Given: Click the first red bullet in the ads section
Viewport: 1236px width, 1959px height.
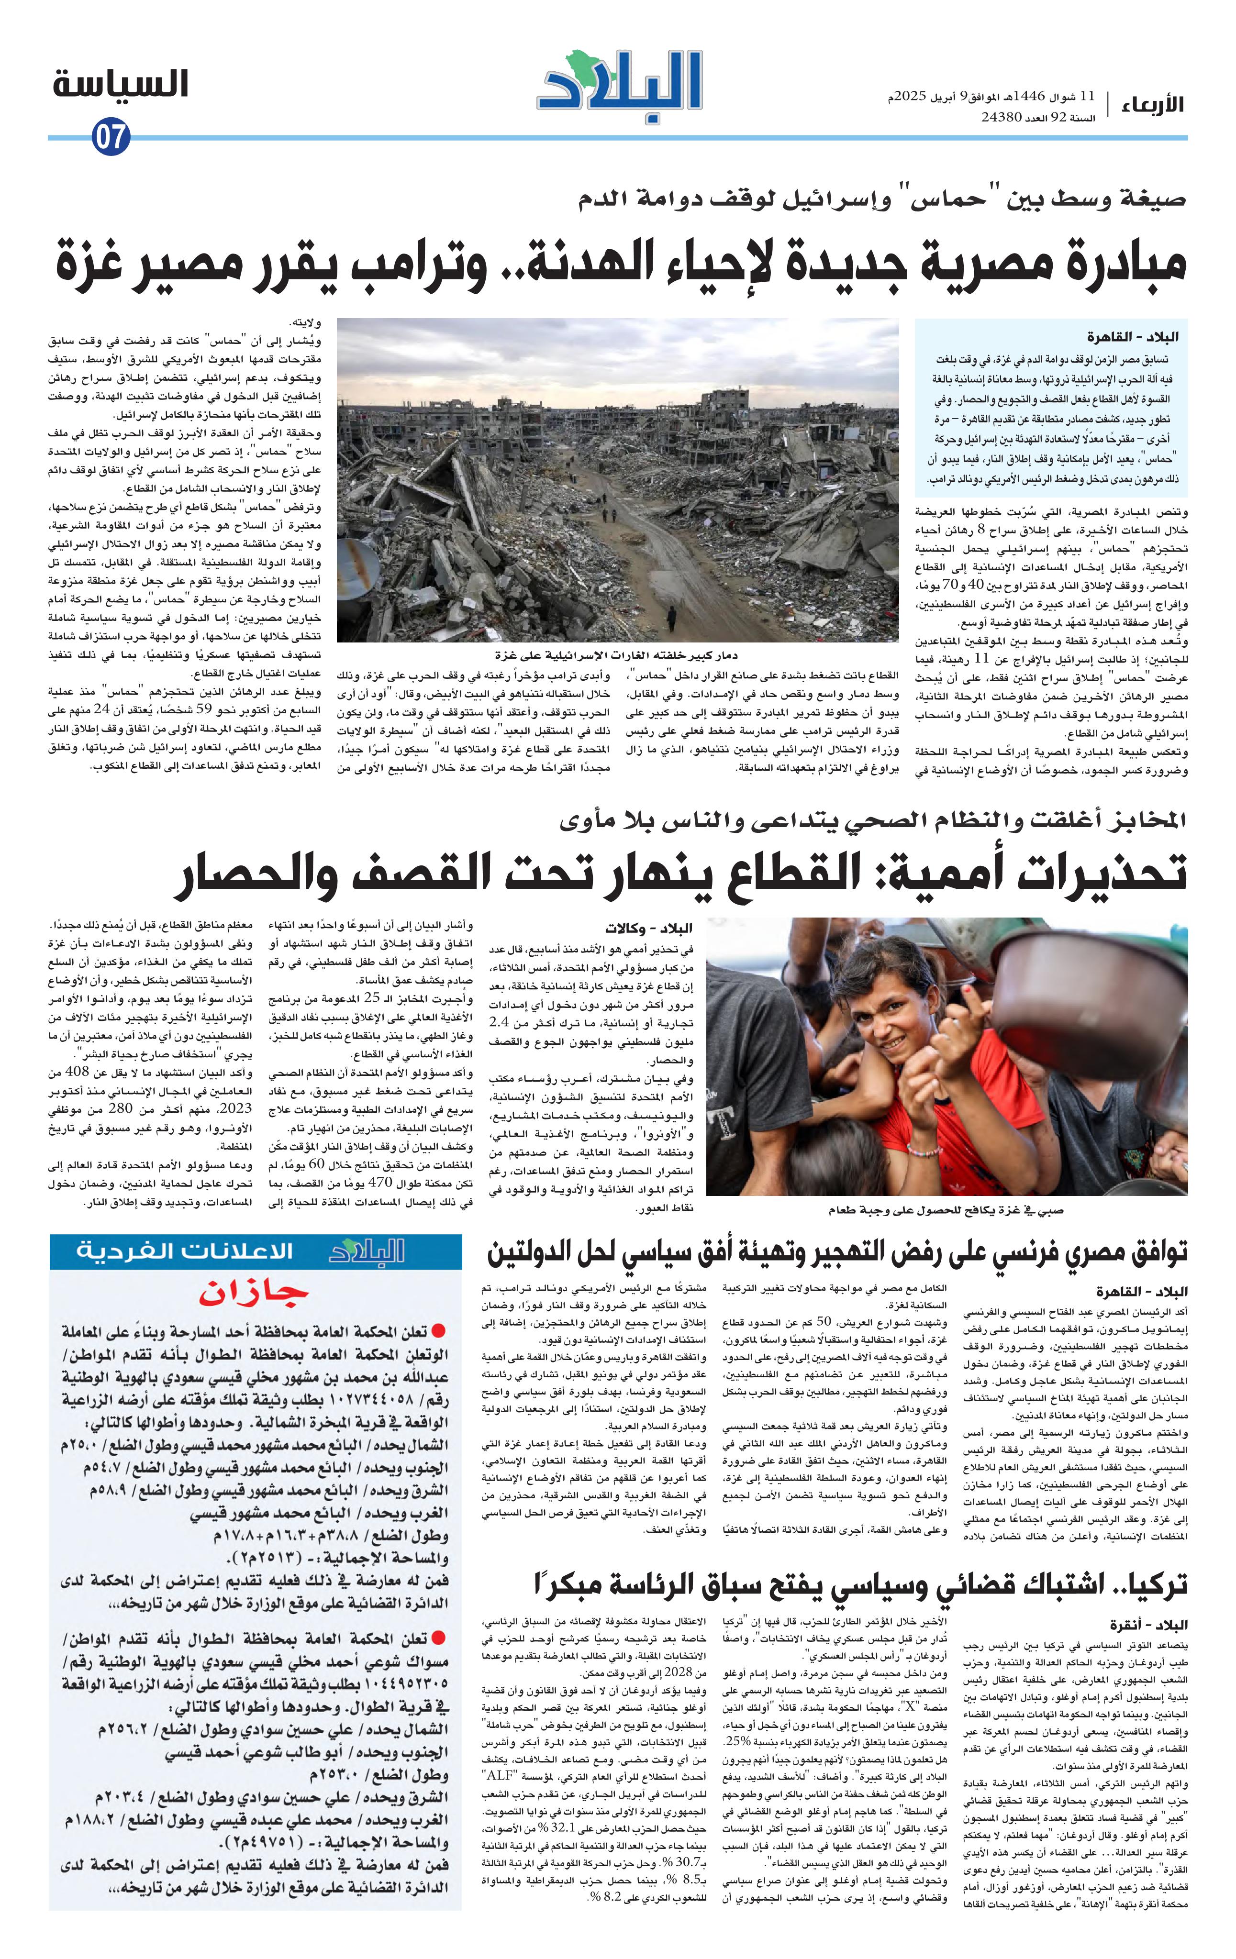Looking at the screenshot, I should [438, 1331].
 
